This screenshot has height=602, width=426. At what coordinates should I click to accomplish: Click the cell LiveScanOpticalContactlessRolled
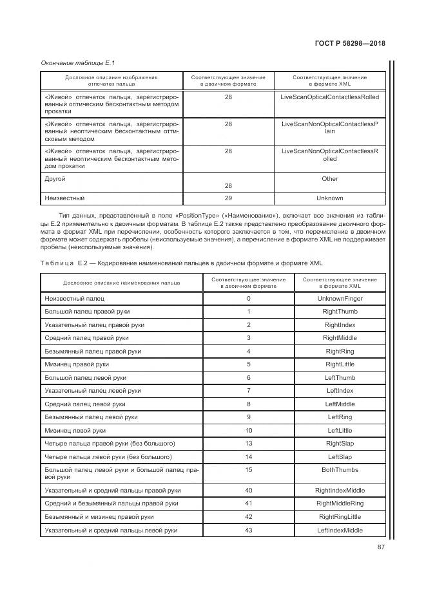click(330, 97)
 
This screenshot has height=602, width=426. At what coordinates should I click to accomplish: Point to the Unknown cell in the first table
click(330, 198)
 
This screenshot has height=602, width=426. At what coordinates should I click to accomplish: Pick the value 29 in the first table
click(228, 198)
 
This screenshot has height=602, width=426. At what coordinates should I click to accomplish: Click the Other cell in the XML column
click(330, 178)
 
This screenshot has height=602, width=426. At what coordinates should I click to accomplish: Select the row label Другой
click(55, 179)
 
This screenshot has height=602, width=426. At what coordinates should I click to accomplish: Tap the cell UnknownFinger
click(340, 299)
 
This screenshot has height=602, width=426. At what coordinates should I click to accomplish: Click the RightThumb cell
click(340, 312)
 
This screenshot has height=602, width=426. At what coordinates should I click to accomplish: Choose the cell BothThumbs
click(340, 470)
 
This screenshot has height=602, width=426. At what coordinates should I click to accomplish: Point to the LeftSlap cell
click(340, 456)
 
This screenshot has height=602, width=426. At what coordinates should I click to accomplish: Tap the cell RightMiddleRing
click(340, 503)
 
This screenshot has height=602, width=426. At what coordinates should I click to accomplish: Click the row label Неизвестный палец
click(74, 299)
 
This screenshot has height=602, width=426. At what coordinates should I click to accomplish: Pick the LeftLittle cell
click(340, 430)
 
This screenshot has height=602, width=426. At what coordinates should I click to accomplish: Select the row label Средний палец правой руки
click(86, 338)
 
